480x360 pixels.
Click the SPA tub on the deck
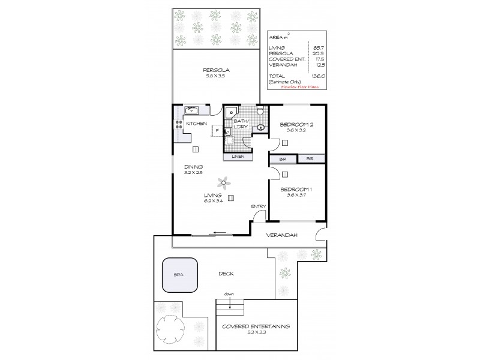point(178,274)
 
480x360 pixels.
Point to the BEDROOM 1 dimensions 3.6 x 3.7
point(298,196)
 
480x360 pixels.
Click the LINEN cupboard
point(238,157)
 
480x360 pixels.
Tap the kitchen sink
point(193,110)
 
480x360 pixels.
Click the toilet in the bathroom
point(260,111)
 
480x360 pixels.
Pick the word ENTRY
point(259,206)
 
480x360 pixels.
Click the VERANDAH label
point(283,235)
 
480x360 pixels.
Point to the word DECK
point(226,274)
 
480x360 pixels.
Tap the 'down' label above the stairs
point(229,295)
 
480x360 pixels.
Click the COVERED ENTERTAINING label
point(256,326)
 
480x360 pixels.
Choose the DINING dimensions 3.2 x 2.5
point(194,173)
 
